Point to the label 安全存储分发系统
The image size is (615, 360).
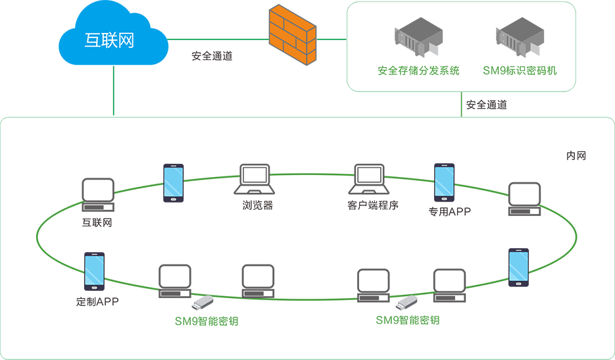(418, 70)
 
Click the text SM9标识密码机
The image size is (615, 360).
(520, 70)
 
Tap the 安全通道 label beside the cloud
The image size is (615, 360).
(212, 56)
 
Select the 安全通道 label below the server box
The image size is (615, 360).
(486, 104)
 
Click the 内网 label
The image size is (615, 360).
(576, 156)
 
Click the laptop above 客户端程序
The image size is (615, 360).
(369, 179)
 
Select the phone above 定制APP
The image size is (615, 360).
(94, 271)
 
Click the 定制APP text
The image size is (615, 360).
(97, 302)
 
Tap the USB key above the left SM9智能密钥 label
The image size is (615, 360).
(203, 303)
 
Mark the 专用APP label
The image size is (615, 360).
(450, 212)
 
